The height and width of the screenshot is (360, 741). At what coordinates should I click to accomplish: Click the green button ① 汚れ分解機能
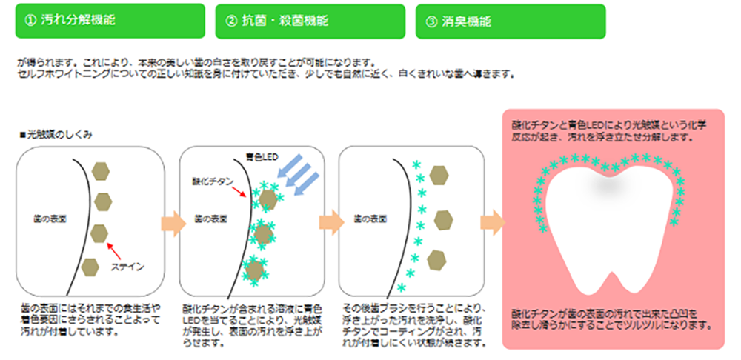110,21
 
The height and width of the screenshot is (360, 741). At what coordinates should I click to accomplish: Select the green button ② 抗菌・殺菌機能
310,21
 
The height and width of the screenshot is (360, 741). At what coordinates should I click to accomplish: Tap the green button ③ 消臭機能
511,21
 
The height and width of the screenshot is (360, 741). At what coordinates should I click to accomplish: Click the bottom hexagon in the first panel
91,265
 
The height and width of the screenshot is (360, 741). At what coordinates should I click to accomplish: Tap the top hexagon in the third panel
439,175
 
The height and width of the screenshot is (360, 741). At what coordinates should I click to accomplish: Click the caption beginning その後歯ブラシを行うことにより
415,324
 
